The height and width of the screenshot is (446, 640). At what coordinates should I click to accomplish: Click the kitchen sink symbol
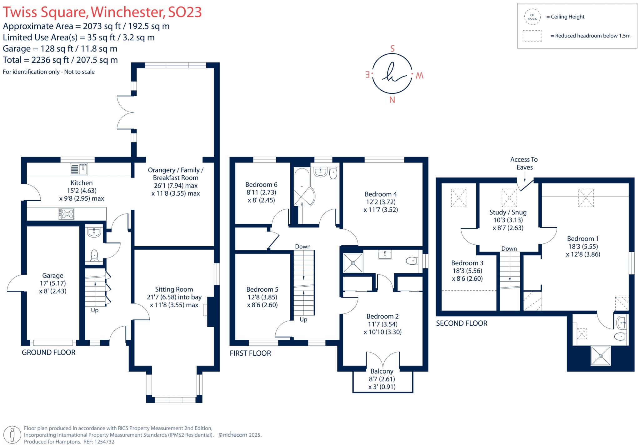[79, 169]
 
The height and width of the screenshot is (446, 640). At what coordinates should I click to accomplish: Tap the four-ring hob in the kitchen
[66, 214]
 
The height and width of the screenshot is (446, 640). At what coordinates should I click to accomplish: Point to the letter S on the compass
[392, 49]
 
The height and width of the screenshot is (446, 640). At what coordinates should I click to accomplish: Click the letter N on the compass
[392, 100]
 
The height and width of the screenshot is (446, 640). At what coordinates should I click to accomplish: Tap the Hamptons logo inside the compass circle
[392, 74]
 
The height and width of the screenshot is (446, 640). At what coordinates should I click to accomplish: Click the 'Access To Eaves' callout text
[524, 163]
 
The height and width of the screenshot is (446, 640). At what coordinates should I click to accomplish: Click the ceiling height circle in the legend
[532, 17]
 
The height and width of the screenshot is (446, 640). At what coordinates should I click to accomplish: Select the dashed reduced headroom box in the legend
[532, 36]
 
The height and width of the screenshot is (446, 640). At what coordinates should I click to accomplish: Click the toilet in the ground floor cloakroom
[94, 255]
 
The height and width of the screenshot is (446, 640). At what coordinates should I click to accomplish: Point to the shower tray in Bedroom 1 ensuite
[600, 355]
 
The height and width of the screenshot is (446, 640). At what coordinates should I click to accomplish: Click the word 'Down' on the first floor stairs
[303, 247]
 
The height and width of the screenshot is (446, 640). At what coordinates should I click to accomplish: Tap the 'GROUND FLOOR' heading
[48, 353]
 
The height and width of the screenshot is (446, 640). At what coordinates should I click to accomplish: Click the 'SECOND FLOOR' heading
[462, 323]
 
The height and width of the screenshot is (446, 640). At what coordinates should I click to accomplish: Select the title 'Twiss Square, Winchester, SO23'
[102, 12]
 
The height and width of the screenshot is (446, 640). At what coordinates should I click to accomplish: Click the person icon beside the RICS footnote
[12, 435]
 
